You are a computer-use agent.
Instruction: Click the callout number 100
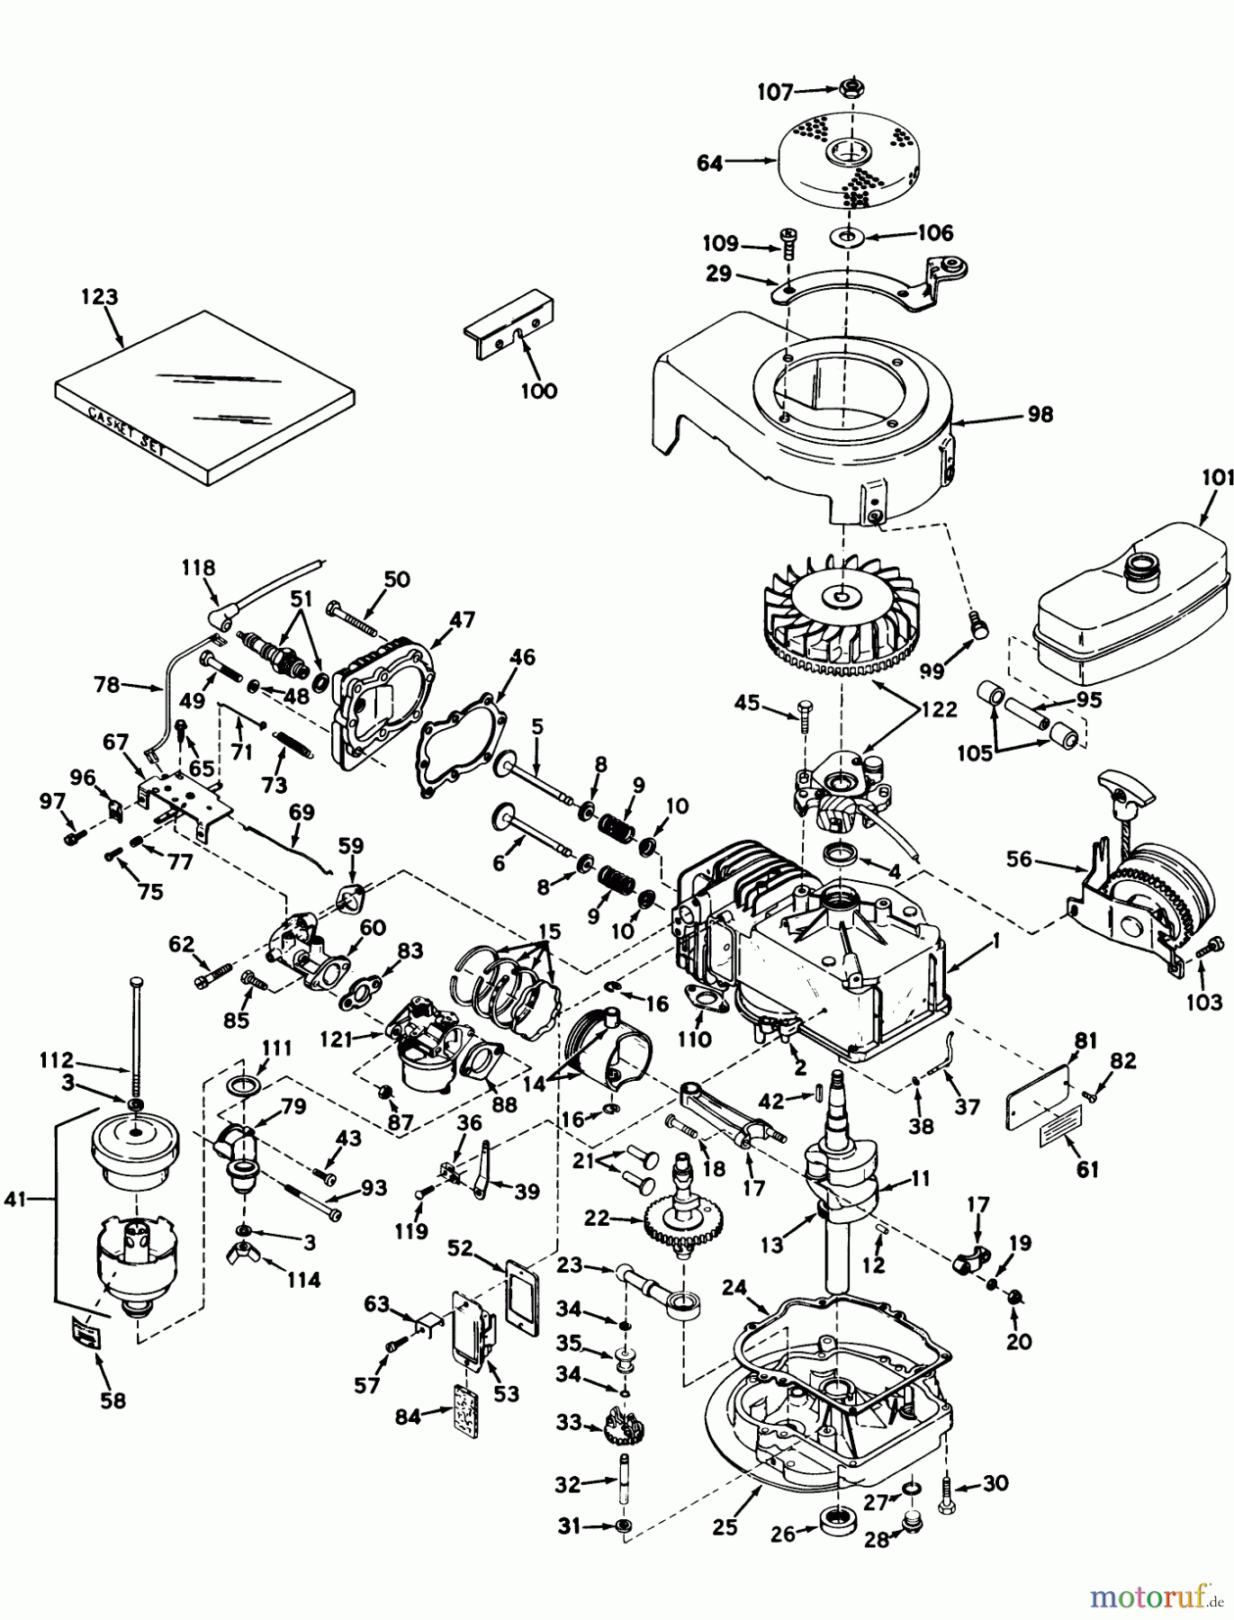click(538, 391)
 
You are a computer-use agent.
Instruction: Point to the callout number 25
click(725, 1526)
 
